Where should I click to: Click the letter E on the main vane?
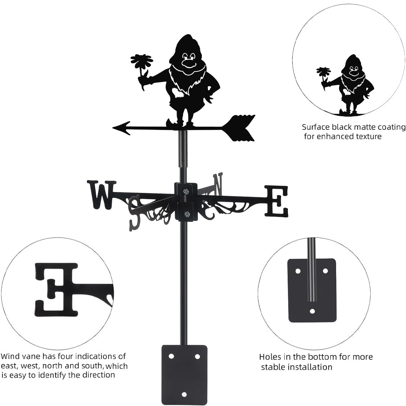pos(276,201)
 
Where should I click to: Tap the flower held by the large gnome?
pos(142,62)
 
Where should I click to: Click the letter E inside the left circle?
pos(57,289)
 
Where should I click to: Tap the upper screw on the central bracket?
pos(186,192)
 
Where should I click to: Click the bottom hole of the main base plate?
pos(184,394)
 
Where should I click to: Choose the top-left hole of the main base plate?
pos(171,356)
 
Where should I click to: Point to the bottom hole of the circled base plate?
pos(312,312)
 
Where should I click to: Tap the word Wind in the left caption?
pos(10,356)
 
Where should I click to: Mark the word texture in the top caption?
pos(367,136)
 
